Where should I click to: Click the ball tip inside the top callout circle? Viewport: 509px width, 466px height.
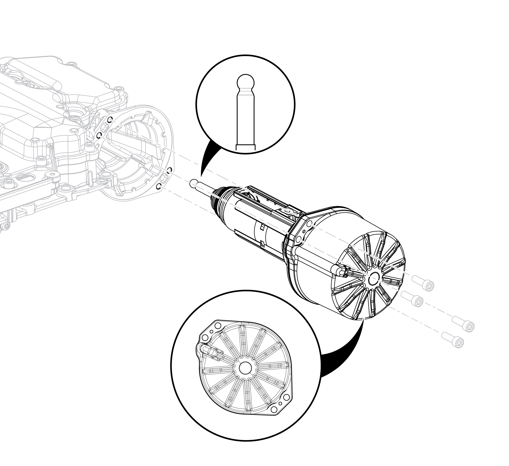coord(246,82)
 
